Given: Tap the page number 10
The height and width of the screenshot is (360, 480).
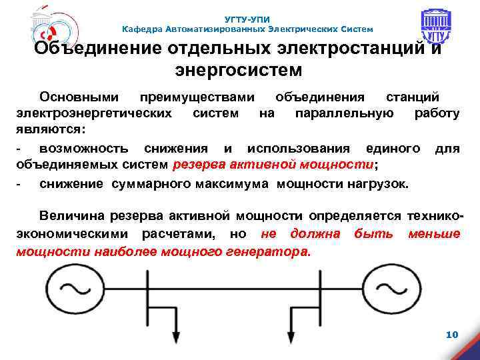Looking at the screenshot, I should click(451, 333).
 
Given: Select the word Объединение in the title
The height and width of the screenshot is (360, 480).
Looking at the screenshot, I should click(92, 49).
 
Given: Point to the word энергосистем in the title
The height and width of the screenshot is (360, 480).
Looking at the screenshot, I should click(238, 69).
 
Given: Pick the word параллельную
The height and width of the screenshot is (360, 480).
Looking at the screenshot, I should click(344, 113).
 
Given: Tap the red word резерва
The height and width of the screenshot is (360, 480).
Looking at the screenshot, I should click(199, 165).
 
